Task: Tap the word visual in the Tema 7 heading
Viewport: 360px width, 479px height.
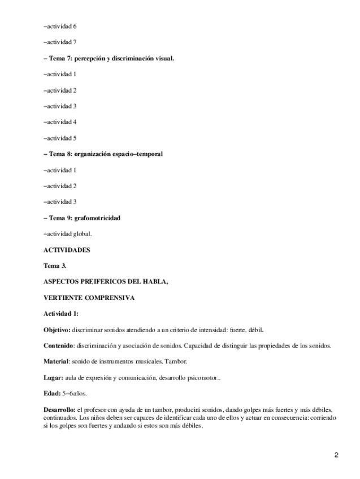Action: click(161, 58)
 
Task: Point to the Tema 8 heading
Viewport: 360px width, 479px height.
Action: click(103, 154)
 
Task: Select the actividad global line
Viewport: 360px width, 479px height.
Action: click(67, 234)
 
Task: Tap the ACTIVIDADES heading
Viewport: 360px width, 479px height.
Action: click(67, 250)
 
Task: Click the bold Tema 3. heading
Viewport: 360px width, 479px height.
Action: click(55, 265)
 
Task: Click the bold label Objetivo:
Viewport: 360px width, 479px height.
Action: click(57, 329)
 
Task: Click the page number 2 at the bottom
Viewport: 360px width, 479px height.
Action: click(336, 455)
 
